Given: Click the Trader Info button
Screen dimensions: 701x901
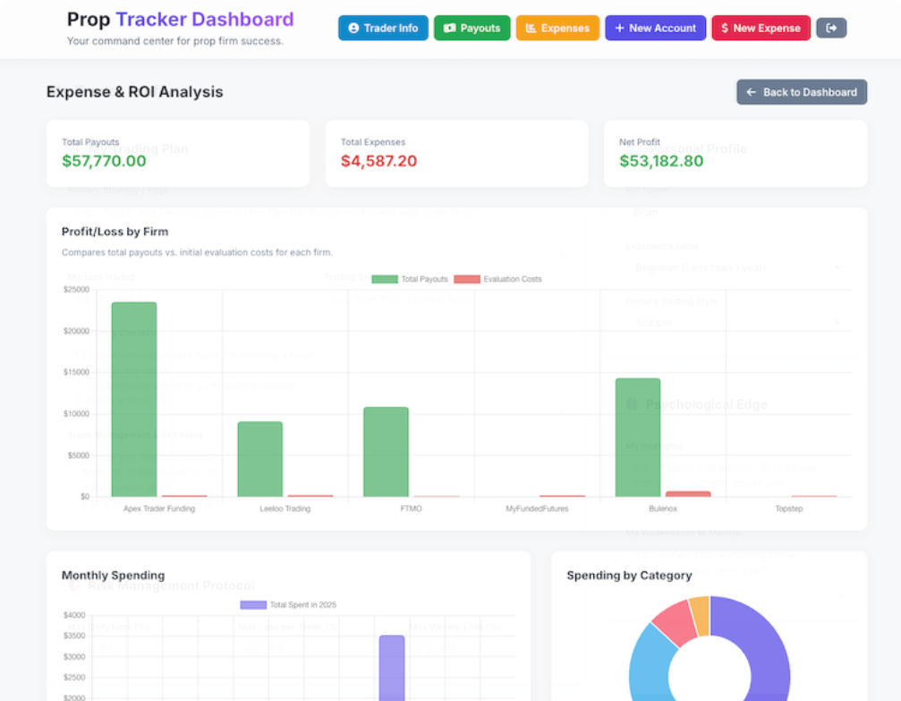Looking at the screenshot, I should click(383, 28).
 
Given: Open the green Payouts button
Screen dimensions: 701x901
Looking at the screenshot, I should click(472, 28).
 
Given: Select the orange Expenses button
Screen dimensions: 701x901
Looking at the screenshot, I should click(557, 28).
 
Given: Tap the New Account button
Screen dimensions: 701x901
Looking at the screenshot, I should click(655, 28).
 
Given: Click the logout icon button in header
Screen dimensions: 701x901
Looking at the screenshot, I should click(831, 28).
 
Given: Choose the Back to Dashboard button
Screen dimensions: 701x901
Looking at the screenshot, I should click(802, 92).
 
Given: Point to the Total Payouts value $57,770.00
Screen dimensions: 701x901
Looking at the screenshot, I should click(104, 161).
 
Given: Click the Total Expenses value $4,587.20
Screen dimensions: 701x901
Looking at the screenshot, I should click(378, 161).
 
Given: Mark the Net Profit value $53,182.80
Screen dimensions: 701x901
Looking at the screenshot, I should click(661, 161).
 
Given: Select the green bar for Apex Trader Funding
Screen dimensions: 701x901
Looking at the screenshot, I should click(134, 398).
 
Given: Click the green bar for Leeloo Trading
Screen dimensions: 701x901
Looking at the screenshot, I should click(259, 458).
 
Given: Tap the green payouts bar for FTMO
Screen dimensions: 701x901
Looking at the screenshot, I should click(386, 451).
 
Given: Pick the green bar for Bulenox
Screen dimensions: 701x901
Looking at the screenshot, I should click(638, 436).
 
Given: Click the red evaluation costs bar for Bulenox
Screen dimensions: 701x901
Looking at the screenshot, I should click(688, 494).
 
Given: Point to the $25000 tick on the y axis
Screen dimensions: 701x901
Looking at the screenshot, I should click(75, 290).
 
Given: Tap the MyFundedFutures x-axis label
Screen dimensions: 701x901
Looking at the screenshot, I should click(537, 509).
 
